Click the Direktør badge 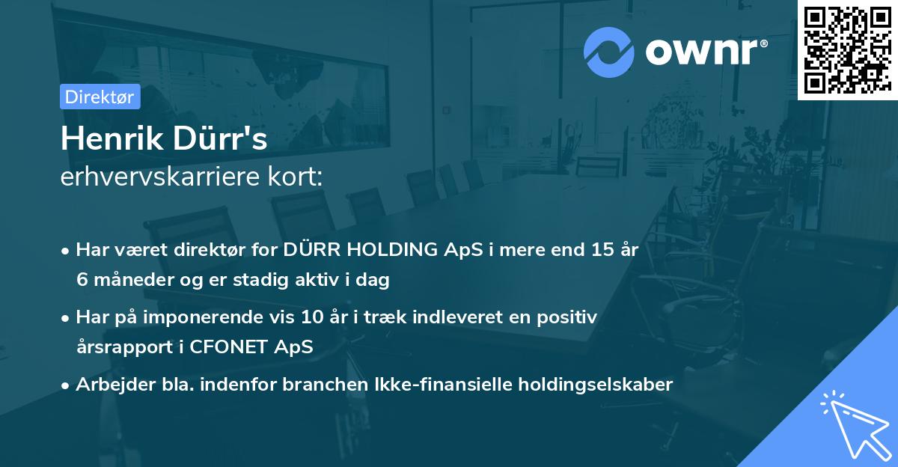(100, 97)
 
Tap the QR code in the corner (847, 50)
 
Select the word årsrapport (117, 347)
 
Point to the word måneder (127, 281)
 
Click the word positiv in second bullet (569, 317)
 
